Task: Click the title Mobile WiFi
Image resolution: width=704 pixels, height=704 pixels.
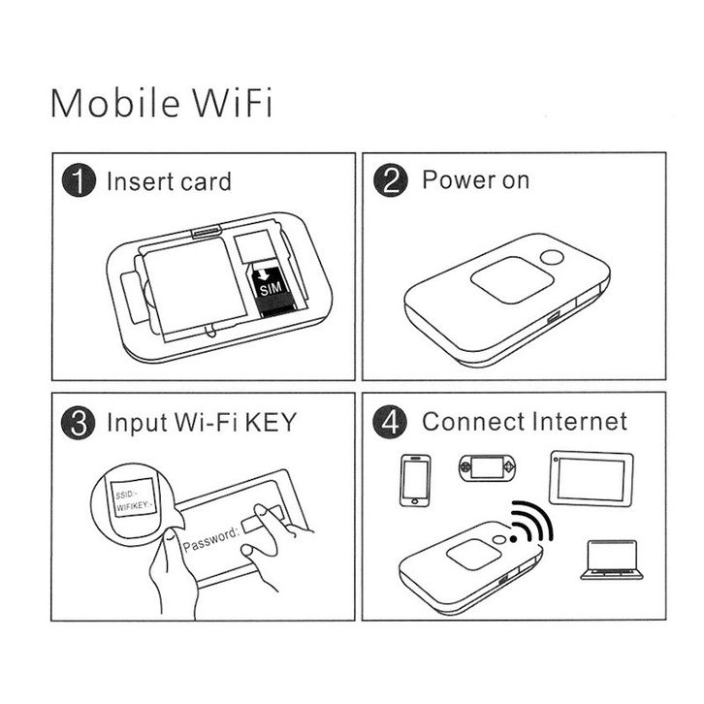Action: coord(161,103)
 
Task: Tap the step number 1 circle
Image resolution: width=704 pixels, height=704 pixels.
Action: coord(79,180)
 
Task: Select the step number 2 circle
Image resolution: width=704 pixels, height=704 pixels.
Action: coord(391,180)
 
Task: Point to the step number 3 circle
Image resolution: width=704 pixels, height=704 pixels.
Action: coord(79,423)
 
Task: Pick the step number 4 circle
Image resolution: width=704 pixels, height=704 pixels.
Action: coord(390,422)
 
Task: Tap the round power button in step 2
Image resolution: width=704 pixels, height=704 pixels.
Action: coord(552,258)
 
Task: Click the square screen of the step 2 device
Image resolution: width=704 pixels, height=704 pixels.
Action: coord(512,280)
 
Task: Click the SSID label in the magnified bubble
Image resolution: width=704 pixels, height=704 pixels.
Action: coord(125,495)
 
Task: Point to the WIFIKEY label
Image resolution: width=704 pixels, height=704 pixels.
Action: coord(135,506)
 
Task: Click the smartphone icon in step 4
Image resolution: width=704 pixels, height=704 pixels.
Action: coord(415,480)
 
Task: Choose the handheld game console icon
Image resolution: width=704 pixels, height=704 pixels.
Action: coord(487,467)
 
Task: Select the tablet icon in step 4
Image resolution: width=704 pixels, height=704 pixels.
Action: coord(592,479)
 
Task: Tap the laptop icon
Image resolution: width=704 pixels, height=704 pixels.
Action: coord(612,560)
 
